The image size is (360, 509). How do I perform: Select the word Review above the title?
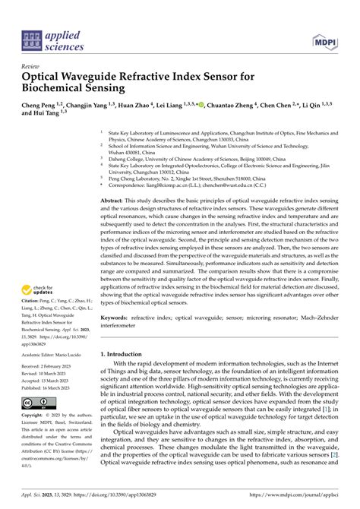30,66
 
